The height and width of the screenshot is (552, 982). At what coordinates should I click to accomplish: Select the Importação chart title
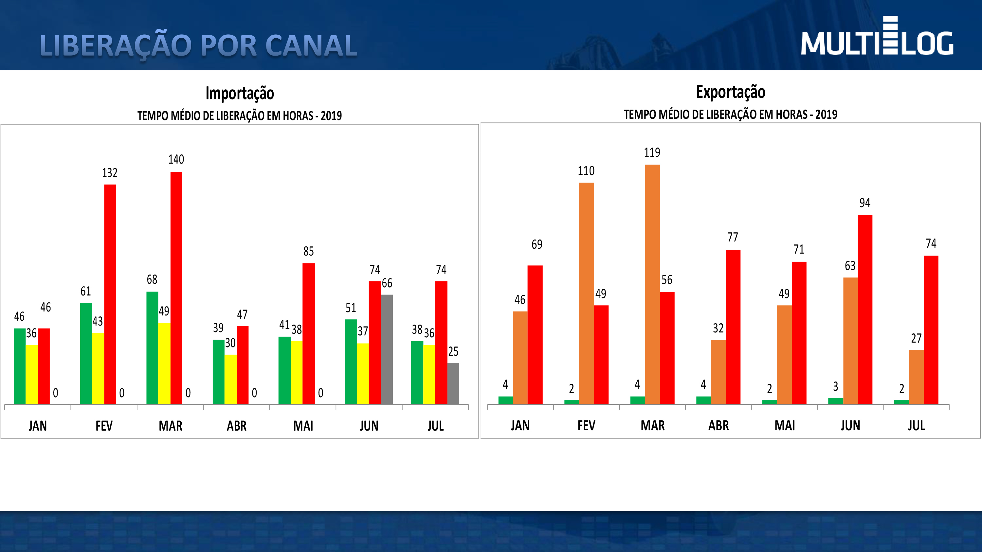click(239, 93)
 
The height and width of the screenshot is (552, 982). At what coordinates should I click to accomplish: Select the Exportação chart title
click(730, 92)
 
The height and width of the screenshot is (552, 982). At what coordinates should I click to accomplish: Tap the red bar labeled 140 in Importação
click(176, 288)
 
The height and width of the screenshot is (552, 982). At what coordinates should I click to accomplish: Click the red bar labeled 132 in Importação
click(110, 294)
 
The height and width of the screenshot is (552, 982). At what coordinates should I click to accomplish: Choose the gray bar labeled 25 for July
click(453, 383)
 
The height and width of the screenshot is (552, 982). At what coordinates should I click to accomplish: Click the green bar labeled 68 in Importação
click(152, 347)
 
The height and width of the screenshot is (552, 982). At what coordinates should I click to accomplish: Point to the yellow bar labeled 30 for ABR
click(230, 379)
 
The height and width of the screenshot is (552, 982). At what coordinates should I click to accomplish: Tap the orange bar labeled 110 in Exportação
click(586, 293)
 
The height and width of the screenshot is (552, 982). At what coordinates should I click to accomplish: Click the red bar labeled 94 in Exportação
click(865, 309)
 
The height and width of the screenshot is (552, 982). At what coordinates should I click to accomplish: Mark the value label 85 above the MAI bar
click(308, 251)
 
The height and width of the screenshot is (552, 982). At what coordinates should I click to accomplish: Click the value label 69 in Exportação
click(537, 244)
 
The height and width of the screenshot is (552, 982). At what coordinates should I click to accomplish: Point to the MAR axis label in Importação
click(171, 425)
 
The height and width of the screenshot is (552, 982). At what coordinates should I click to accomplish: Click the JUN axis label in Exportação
click(850, 425)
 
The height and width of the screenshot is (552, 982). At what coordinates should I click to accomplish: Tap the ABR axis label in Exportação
click(718, 425)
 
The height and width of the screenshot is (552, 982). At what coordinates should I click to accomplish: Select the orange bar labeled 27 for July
click(917, 376)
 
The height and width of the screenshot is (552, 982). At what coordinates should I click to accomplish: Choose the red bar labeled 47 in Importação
click(243, 365)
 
